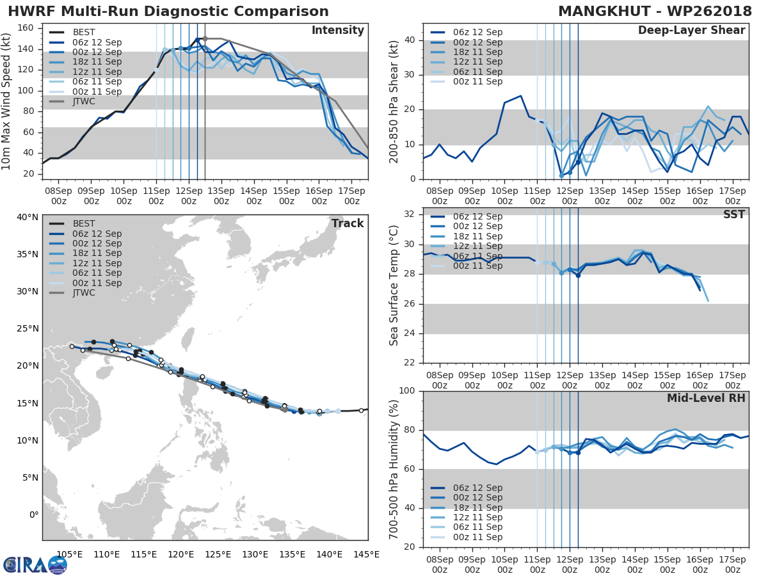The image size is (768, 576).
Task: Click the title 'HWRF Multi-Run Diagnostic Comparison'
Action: tap(168, 12)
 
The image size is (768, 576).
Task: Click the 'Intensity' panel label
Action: tap(337, 31)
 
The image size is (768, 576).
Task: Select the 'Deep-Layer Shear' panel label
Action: tap(691, 31)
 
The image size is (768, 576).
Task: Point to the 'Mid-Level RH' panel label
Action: tap(707, 398)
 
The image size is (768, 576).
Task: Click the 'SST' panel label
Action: tap(733, 214)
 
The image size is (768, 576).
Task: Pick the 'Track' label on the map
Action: tap(348, 223)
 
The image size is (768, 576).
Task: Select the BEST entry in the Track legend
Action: tap(84, 223)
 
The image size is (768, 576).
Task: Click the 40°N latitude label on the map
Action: tap(28, 217)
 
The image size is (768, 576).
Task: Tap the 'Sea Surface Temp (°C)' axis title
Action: tap(394, 285)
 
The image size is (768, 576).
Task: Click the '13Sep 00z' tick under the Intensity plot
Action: tap(221, 196)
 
